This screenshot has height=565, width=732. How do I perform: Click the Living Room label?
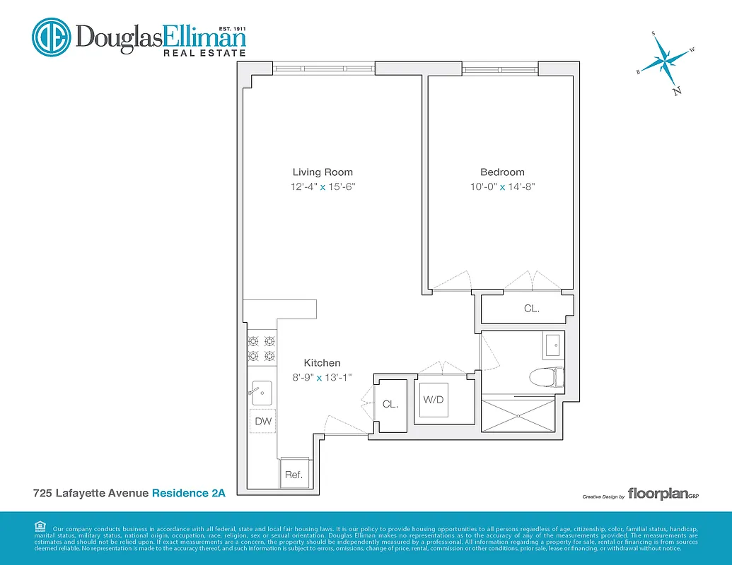coord(323,172)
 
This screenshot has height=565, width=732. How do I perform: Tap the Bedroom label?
coord(502,172)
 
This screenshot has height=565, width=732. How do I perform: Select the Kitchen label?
coord(323,363)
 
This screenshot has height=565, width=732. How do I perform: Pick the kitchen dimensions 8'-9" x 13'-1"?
coord(323,378)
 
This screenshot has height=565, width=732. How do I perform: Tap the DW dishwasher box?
coord(263,421)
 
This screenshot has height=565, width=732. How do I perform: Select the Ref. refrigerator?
coord(294,475)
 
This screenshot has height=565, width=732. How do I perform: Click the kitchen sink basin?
coord(262,391)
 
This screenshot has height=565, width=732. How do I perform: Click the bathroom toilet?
coord(547,378)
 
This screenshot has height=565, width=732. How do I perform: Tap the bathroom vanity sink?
coord(552,347)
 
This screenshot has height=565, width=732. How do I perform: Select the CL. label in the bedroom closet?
coord(531,309)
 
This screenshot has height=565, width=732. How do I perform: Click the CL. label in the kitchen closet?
coord(390,405)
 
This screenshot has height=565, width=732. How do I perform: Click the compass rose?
coord(666,61)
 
